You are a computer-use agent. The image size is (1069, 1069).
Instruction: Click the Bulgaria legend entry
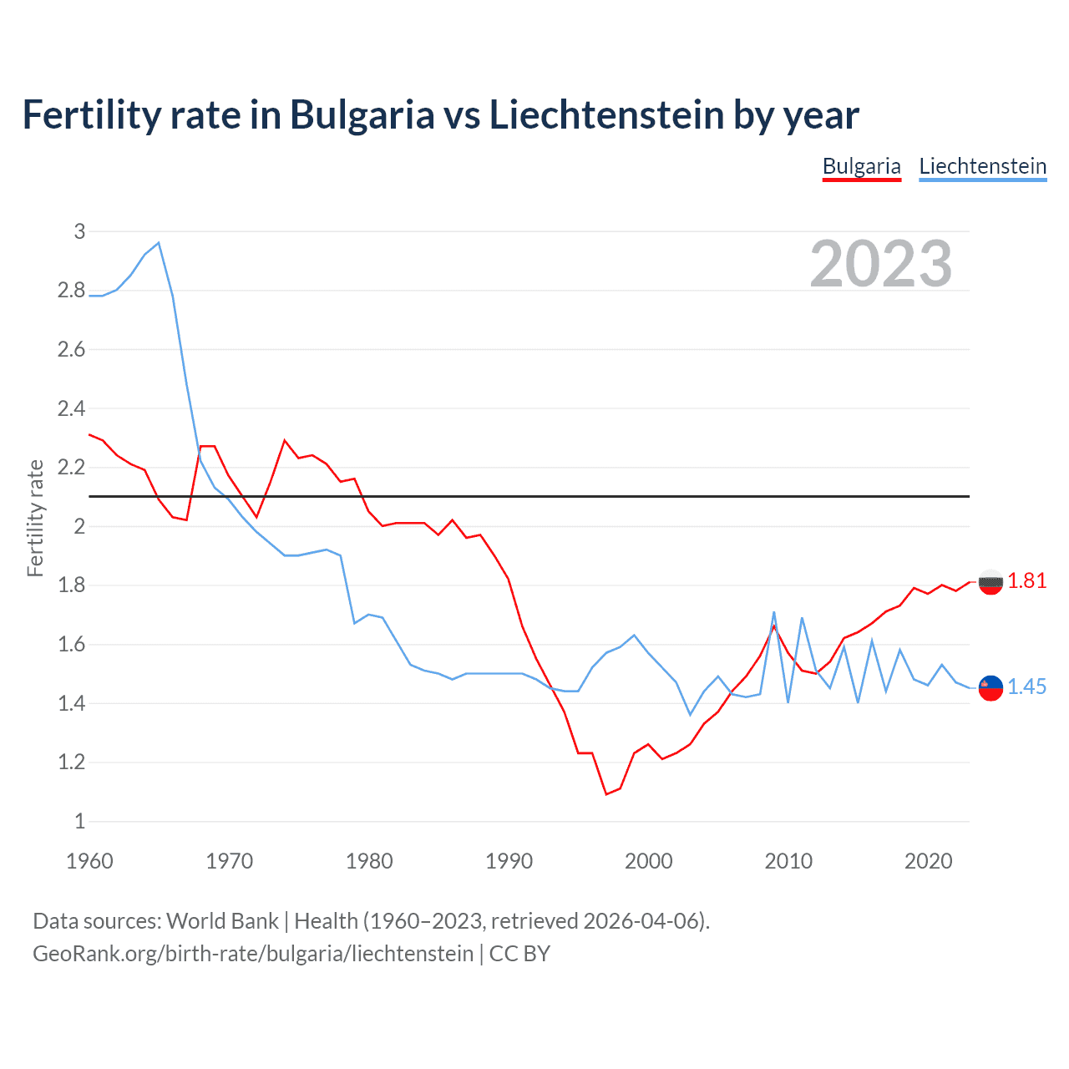click(861, 166)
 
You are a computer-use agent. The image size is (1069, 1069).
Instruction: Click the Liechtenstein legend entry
click(982, 166)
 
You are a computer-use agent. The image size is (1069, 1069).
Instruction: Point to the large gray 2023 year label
click(881, 264)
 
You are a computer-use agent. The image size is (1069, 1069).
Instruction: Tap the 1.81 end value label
click(1026, 581)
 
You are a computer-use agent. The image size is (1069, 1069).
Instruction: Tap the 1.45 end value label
click(1026, 686)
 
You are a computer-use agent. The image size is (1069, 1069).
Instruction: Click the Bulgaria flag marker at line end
click(990, 582)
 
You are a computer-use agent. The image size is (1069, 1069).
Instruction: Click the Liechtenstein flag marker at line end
click(990, 687)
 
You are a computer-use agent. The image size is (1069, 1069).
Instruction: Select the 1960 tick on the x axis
click(89, 861)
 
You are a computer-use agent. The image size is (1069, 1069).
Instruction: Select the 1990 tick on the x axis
click(509, 861)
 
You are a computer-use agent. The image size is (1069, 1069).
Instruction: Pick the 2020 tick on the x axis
click(928, 861)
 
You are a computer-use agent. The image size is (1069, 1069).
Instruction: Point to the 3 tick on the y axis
click(79, 231)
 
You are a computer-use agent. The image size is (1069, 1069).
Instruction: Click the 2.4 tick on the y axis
click(72, 408)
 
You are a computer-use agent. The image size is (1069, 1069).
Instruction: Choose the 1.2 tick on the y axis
click(72, 762)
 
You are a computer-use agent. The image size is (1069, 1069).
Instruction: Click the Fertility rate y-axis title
click(35, 518)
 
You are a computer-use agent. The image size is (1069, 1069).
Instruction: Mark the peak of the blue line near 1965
click(159, 243)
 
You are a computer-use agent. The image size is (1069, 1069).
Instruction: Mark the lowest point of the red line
click(606, 794)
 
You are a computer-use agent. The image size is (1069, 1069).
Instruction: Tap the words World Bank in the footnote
click(222, 921)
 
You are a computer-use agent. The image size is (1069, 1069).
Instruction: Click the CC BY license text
click(519, 954)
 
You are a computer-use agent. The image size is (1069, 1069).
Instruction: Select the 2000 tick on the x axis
click(648, 861)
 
